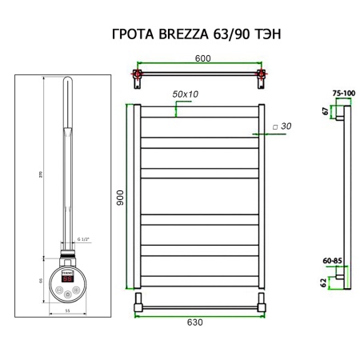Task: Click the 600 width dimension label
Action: point(203,58)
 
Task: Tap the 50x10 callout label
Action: point(185,94)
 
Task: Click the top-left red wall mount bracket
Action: point(138,78)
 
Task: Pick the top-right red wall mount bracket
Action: point(260,78)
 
